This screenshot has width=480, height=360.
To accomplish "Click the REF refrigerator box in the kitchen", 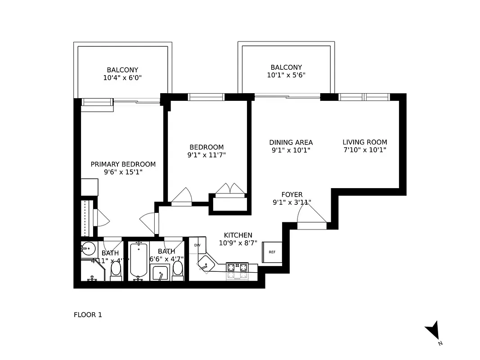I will click(x=272, y=252).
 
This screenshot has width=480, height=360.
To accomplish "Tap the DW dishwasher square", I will click(x=197, y=245).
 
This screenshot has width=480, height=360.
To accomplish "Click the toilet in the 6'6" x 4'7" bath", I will click(x=178, y=269).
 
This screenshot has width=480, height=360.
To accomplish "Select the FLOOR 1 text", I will click(x=88, y=315).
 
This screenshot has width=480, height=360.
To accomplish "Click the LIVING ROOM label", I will click(x=364, y=142).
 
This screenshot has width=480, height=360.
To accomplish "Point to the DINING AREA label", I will click(x=291, y=142).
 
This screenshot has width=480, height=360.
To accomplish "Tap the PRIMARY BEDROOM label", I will click(x=123, y=164).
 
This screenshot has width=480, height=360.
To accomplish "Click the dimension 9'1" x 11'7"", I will click(x=206, y=155).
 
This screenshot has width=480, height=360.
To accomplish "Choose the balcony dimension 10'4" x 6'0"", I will click(x=122, y=78).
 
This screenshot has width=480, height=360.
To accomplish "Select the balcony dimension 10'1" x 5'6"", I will click(x=286, y=76).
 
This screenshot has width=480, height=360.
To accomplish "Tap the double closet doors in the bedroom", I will click(x=230, y=189).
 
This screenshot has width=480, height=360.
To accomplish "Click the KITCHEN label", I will click(x=238, y=235).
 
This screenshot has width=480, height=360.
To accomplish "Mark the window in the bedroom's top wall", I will click(x=206, y=97).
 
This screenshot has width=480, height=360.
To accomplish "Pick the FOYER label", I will click(x=292, y=194).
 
